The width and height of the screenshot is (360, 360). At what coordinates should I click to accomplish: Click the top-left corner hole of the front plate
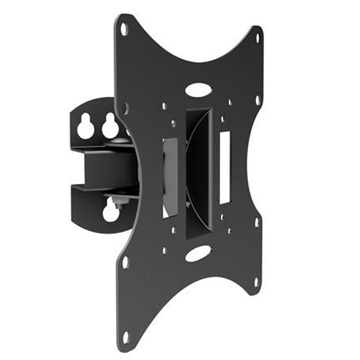click(123, 29)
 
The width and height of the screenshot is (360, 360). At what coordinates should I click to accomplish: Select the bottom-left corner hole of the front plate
click(125, 263)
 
